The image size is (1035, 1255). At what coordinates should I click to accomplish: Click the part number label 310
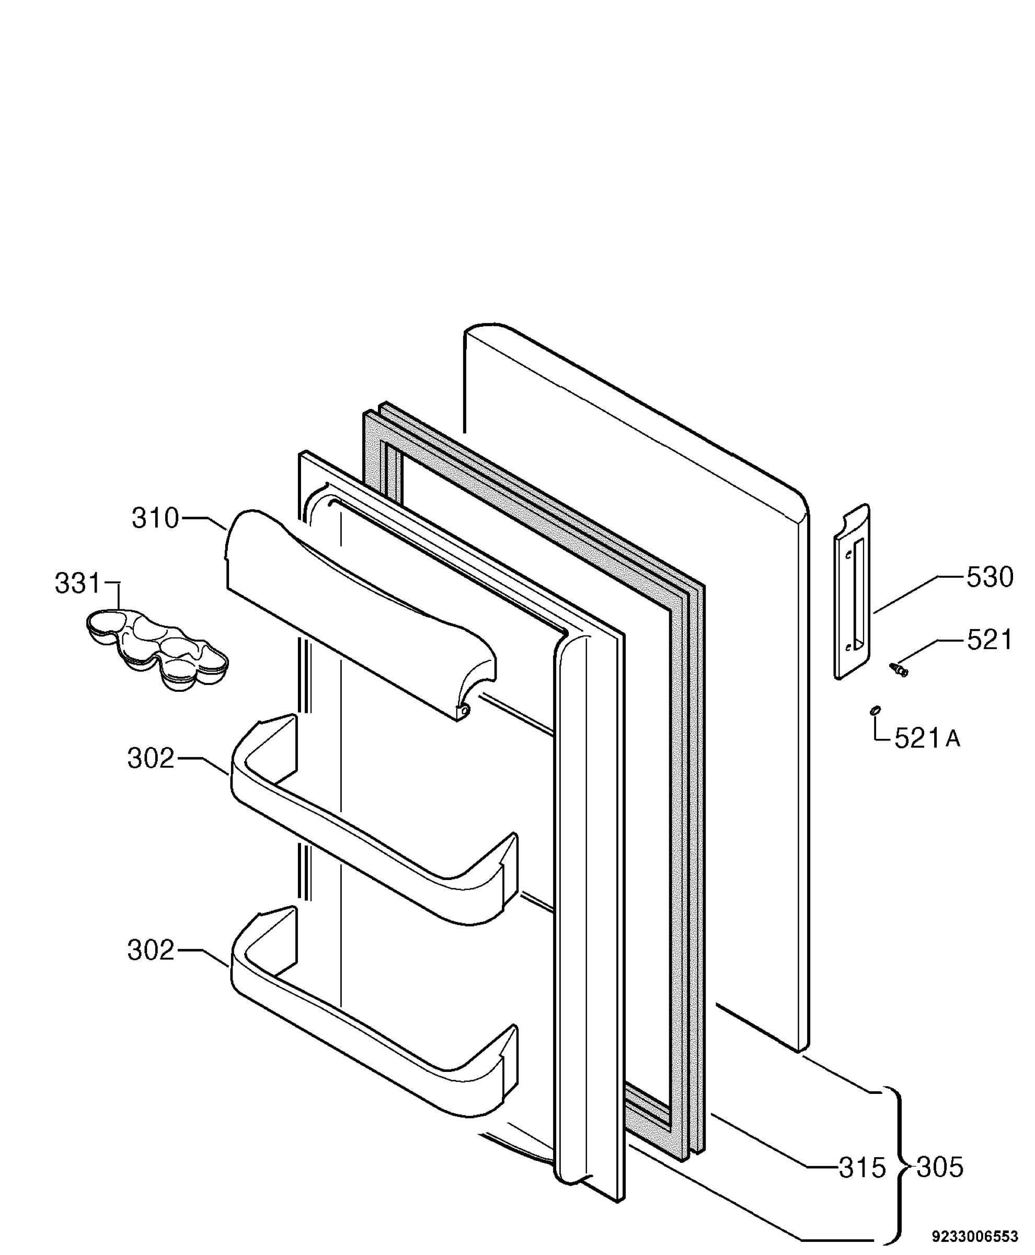pos(155,518)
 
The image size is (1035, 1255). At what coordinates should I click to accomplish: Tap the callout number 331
pos(77,584)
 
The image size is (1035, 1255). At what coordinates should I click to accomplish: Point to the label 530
pos(990,577)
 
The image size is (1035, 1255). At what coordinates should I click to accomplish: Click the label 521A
pos(928,739)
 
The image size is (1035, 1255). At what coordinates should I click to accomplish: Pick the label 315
pos(862,1168)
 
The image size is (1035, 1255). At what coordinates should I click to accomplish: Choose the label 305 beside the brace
pos(940,1168)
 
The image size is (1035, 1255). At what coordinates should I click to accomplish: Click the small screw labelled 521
pos(899,669)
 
